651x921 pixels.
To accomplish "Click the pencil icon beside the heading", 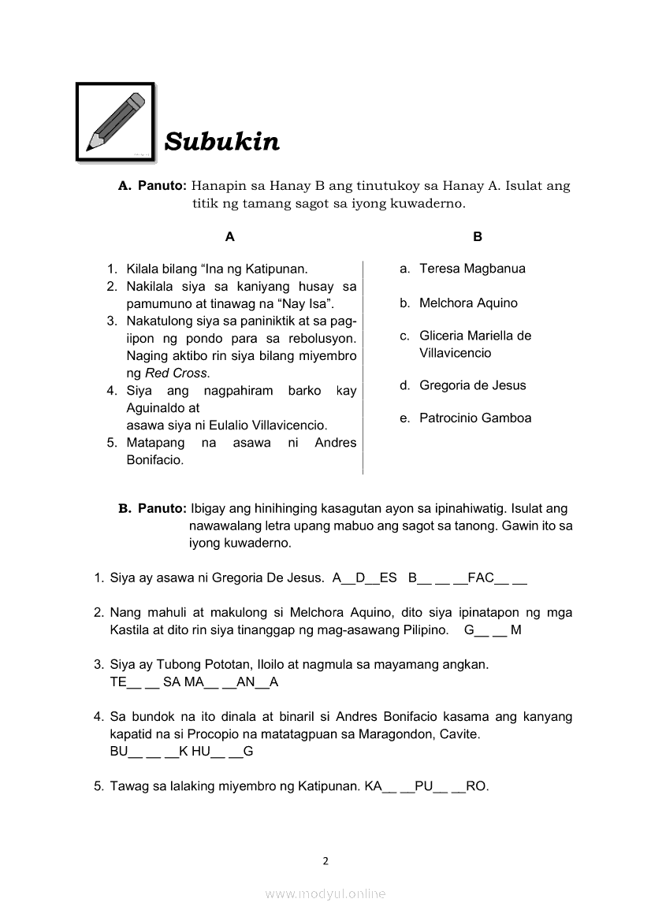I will point(115,121).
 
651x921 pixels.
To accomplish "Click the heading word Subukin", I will point(221,142).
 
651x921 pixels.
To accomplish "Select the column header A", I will point(229,236).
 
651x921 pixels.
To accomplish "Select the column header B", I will point(477,236).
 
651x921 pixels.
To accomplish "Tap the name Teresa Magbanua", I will point(472,269).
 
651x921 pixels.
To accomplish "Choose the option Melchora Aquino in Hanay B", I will point(468,303).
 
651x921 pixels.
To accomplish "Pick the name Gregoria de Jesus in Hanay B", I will point(472,385).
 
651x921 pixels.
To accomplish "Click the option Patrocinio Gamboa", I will point(475,418).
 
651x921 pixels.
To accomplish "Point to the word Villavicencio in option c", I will point(455,353).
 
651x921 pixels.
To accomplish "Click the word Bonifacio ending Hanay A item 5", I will point(154,460).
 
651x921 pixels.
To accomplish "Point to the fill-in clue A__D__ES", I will point(365,578).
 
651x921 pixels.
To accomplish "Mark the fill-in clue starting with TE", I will point(194,682).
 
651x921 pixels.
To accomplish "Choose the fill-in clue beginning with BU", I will point(181,752).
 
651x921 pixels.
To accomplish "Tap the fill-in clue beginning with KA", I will point(426,786).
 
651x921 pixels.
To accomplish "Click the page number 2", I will point(325,860).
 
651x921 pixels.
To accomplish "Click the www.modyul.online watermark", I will point(325,893).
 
